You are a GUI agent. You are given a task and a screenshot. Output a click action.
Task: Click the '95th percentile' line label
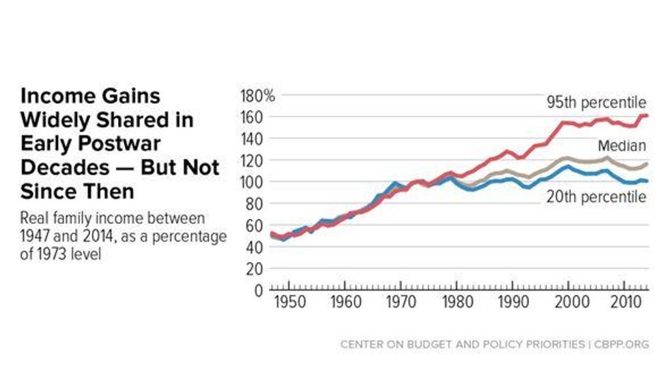596,102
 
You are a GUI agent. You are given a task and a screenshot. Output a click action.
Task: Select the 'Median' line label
621,145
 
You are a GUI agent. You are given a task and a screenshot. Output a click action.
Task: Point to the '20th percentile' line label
596,198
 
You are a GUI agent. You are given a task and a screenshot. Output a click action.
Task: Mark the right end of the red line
647,116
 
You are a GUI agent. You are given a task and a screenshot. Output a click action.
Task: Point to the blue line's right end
647,181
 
